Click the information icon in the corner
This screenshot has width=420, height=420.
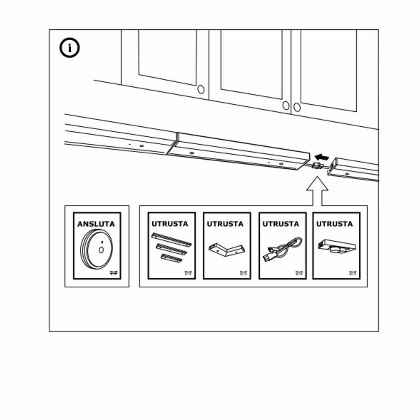point(70,48)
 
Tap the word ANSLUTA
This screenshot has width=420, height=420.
point(96,224)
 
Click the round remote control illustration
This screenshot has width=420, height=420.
point(97,249)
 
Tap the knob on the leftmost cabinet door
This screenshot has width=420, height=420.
point(201,89)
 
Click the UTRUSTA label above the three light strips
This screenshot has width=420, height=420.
point(170,224)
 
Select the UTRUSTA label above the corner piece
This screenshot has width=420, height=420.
point(225,224)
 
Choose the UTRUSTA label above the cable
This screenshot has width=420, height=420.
point(281,224)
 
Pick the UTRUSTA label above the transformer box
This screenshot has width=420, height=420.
point(335,224)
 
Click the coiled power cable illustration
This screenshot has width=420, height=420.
point(282,250)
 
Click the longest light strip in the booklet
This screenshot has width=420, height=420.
point(171,239)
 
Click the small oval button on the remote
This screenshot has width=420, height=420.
point(101,250)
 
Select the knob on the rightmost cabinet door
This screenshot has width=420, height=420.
point(297,107)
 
